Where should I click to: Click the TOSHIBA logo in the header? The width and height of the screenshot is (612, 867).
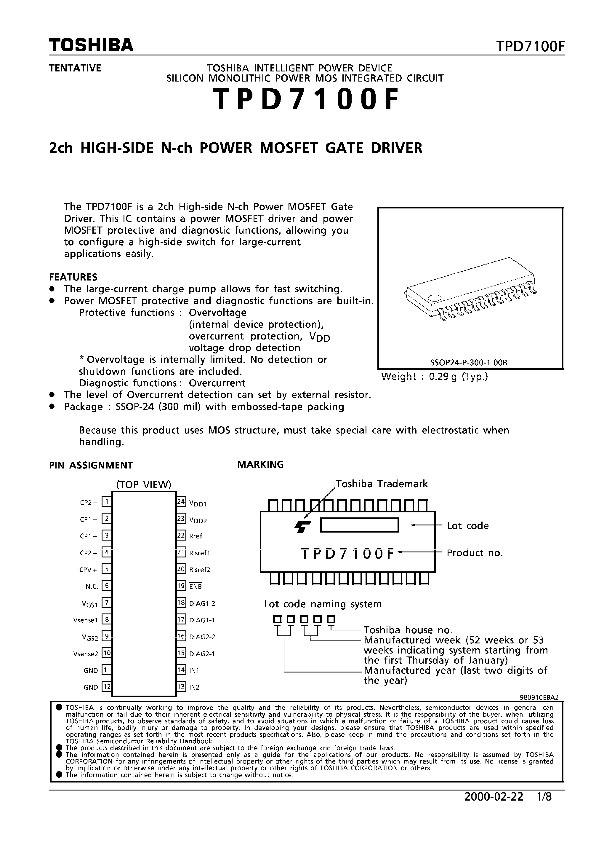point(91,45)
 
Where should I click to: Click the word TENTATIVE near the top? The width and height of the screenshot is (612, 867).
point(75,68)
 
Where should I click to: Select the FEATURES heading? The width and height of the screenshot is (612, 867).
point(73,277)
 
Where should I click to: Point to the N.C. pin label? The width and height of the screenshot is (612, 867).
point(92,586)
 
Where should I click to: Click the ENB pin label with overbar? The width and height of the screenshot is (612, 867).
point(196,586)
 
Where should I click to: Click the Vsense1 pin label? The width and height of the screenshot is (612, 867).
point(86,620)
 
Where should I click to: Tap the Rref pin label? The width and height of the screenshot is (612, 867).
point(196,536)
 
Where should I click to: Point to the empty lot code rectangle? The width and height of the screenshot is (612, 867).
point(359,525)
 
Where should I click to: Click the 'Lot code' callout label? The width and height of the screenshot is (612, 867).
point(467,526)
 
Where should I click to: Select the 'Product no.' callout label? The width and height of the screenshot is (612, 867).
point(475,553)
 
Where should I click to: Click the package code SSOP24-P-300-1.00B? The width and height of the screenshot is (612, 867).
point(469,363)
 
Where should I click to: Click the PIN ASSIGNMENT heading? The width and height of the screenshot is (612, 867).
point(91,465)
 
